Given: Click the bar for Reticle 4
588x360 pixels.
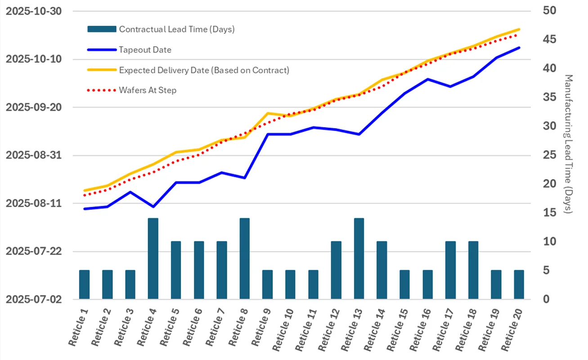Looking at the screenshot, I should pos(153,259).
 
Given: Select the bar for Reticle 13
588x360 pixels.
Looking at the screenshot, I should pos(359,259).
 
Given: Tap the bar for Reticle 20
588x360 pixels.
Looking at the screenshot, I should pos(519,284).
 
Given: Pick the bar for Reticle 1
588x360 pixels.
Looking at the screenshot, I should pos(85,284).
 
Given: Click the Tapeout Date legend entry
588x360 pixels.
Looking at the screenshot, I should pos(145,50).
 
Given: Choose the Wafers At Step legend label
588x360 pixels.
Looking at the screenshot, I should pos(148,90).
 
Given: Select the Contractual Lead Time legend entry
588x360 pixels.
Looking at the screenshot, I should pos(176,30).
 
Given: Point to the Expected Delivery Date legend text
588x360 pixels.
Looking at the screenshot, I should pos(204,70).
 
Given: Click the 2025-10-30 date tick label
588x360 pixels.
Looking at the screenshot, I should pos(34,11).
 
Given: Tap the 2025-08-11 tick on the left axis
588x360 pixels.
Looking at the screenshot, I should pos(34,203).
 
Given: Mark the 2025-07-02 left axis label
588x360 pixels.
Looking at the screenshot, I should pos(34,299).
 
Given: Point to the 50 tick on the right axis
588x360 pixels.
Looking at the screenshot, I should pos(550,11).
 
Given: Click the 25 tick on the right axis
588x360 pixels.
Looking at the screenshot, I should pos(550,155).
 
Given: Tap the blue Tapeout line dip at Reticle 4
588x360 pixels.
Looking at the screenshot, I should pos(153,207).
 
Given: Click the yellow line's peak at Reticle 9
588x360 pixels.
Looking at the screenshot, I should pos(268,113).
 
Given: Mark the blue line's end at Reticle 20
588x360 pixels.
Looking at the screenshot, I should pos(519,48).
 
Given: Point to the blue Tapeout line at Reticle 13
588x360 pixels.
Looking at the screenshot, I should pos(359,134).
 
